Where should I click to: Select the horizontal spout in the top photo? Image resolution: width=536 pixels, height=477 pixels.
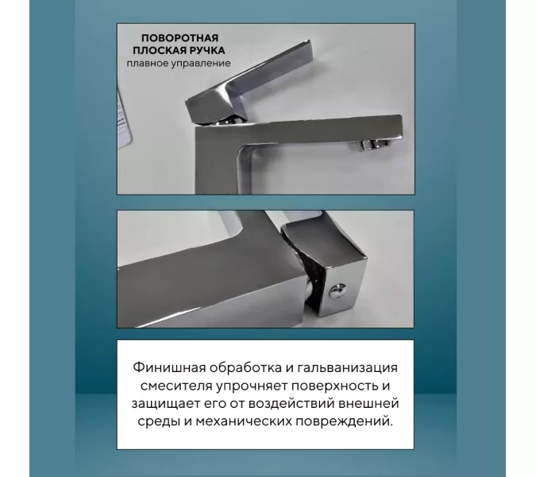click(334, 127)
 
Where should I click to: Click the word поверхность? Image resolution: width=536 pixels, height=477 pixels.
click(337, 387)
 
